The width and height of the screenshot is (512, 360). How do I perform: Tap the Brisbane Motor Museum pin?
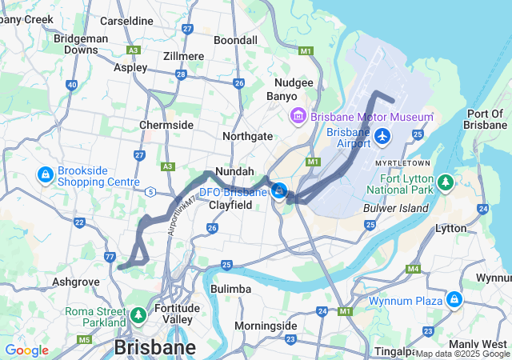click(298, 117)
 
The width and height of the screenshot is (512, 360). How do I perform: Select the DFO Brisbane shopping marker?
click(279, 191)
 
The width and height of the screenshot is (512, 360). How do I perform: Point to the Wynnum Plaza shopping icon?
click(454, 300)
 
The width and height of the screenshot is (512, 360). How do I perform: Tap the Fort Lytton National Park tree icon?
click(446, 185)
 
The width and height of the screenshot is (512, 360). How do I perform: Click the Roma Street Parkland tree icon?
click(138, 316)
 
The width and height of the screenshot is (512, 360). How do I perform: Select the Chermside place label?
click(166, 126)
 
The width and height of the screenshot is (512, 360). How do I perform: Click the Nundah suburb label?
click(234, 171)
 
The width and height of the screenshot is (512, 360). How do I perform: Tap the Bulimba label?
click(230, 288)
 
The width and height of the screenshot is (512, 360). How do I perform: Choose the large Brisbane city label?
click(155, 348)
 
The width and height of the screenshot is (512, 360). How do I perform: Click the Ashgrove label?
click(75, 282)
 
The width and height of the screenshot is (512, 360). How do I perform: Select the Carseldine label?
click(126, 21)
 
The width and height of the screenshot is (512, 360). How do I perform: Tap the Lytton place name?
click(450, 228)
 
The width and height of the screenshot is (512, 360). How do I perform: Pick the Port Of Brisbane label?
click(486, 119)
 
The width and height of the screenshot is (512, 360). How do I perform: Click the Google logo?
click(26, 350)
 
